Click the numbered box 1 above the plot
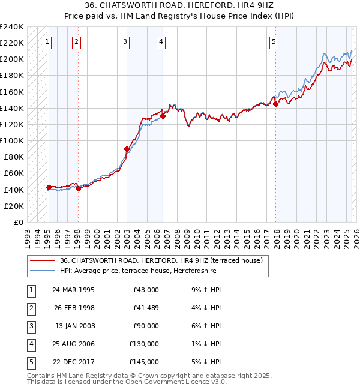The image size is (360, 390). (47, 41)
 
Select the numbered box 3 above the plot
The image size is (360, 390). (124, 41)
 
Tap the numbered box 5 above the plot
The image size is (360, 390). (274, 41)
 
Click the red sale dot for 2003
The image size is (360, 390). (127, 149)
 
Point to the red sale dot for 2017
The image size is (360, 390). (276, 104)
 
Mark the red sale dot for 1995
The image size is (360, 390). (49, 187)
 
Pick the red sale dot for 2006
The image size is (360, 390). (163, 116)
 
